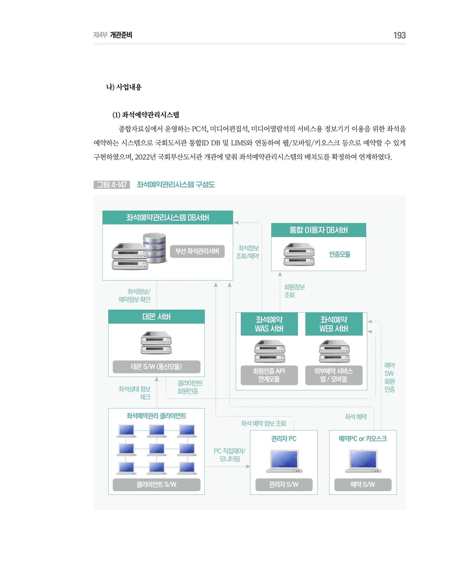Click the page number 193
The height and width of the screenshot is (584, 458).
point(399,35)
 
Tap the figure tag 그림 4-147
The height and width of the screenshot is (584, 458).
point(112,185)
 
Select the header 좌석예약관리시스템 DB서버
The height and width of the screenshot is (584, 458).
point(168,217)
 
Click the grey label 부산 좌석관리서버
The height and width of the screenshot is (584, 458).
point(197,251)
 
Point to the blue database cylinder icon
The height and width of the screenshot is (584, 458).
point(155,248)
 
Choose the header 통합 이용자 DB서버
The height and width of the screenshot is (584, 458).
point(319,230)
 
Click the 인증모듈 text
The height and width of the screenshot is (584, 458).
point(340,254)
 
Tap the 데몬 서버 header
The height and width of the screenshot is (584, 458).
point(157,317)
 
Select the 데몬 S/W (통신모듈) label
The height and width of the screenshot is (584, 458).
point(157,367)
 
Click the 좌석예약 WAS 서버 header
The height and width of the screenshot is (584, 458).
point(269,324)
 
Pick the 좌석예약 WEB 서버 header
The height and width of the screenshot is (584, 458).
point(334,324)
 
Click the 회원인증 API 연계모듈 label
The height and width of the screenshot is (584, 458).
point(269,375)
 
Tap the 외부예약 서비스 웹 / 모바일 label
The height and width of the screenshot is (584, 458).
point(334,375)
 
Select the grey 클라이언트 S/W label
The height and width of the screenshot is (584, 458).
point(157,485)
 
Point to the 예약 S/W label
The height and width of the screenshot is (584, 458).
point(363,485)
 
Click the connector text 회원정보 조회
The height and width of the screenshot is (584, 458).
point(294,291)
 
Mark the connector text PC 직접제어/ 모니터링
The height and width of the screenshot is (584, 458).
point(229,455)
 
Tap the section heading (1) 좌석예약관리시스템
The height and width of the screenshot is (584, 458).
point(146,115)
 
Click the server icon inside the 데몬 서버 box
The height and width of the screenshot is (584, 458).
point(156,343)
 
